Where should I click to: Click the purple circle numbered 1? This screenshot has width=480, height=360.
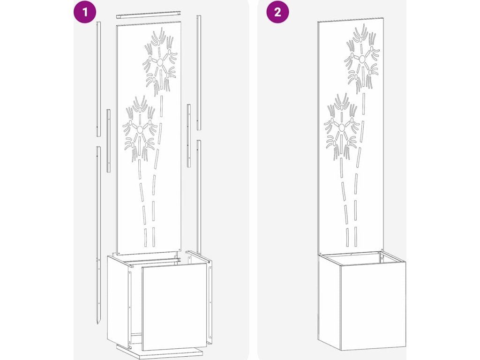[x=85, y=12]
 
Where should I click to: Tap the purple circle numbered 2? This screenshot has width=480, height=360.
[x=277, y=12]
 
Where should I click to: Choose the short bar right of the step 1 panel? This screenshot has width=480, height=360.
[x=189, y=135]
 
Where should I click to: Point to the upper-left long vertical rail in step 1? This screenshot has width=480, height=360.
[x=98, y=79]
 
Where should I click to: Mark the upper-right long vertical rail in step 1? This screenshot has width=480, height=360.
[x=199, y=72]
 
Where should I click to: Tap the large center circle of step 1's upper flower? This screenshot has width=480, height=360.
[x=160, y=62]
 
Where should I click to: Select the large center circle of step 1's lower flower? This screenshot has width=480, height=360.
[x=140, y=129]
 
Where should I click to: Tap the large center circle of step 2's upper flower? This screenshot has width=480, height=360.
[x=362, y=59]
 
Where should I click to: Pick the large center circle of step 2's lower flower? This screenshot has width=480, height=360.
[x=342, y=127]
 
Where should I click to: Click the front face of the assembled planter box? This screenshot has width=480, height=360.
[x=373, y=300]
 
